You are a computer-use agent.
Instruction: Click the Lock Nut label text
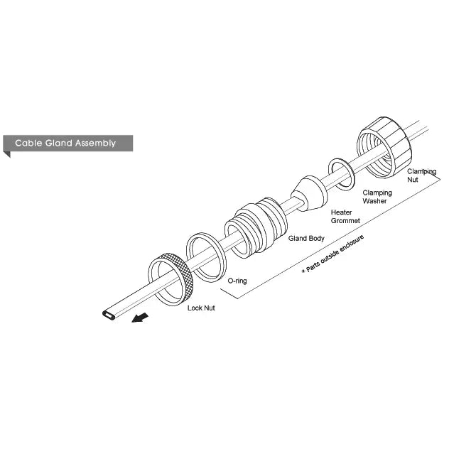point(201,308)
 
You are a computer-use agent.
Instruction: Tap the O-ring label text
point(237,281)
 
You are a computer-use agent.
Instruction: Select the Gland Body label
point(306,238)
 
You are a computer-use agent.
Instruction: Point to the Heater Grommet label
point(345,217)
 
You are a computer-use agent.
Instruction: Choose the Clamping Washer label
point(377,197)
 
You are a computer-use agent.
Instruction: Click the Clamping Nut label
point(422,175)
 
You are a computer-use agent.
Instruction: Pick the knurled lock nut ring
point(171,279)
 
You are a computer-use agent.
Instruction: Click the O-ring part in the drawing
point(206,257)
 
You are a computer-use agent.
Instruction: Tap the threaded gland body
point(256,227)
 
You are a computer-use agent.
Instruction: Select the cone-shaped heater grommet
point(309,193)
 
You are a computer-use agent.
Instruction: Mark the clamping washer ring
point(341,174)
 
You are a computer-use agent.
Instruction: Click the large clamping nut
point(384,147)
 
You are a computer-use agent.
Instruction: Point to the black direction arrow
point(140,318)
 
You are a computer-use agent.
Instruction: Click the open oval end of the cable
point(109,315)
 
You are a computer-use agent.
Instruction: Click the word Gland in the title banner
point(58,143)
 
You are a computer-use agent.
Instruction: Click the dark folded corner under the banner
point(7,154)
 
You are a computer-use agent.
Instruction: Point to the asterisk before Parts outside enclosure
point(303,271)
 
